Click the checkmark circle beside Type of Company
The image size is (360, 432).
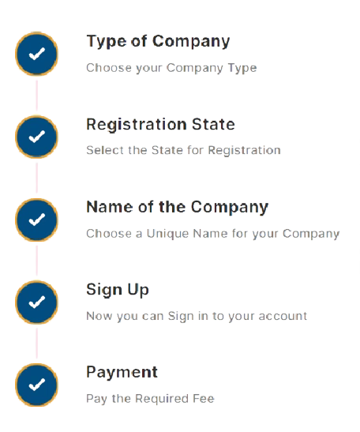click(36, 54)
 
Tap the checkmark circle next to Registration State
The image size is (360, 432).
click(36, 137)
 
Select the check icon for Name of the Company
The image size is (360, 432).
click(36, 220)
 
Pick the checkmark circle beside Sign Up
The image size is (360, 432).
click(36, 302)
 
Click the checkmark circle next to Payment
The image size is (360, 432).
click(36, 385)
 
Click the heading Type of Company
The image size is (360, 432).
click(158, 42)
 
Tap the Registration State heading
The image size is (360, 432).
click(160, 124)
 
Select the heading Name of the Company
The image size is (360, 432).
click(178, 207)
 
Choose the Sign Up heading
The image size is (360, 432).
click(118, 290)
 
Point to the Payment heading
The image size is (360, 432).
click(122, 372)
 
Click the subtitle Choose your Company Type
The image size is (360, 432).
click(171, 68)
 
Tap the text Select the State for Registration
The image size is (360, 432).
click(183, 150)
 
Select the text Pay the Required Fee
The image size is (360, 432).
click(150, 399)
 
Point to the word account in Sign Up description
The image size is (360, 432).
click(283, 316)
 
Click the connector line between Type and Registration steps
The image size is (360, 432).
click(37, 96)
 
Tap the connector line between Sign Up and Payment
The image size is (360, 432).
click(37, 344)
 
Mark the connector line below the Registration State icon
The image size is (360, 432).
click(37, 178)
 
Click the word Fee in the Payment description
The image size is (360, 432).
click(204, 398)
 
